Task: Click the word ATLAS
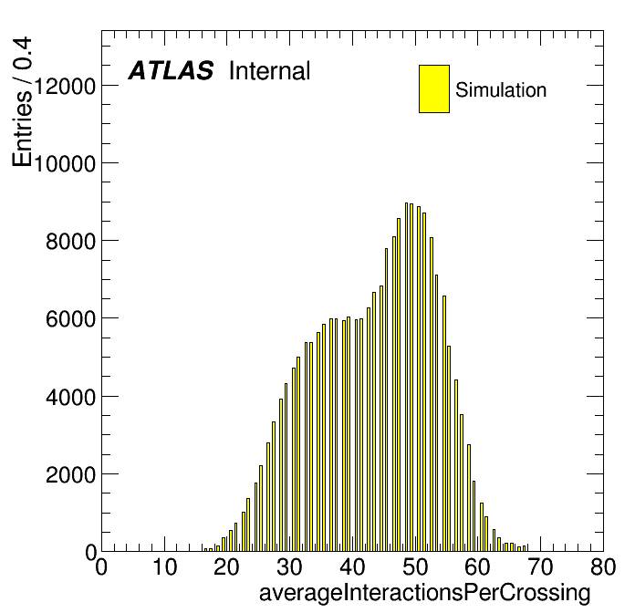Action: tap(171, 70)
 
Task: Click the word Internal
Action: tap(270, 70)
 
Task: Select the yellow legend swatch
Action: tap(434, 88)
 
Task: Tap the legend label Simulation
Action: tap(501, 89)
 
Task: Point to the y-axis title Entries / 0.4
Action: tap(22, 101)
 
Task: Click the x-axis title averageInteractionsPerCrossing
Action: tap(425, 593)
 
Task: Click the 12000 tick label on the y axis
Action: tap(65, 86)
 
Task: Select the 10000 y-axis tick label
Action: tap(65, 163)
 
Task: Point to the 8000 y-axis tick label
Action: tap(70, 242)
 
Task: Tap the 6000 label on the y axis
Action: tap(70, 319)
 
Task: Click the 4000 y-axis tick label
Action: tap(70, 397)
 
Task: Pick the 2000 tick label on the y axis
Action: tap(70, 474)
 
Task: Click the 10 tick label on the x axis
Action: tap(164, 566)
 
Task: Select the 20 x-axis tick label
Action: tap(227, 566)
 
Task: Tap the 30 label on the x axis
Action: tap(289, 566)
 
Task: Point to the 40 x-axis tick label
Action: tap(352, 566)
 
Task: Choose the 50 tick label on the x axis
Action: tap(415, 566)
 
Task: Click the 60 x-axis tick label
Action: tap(478, 566)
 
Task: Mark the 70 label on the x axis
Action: tap(541, 566)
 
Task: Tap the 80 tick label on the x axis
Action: tap(603, 566)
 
